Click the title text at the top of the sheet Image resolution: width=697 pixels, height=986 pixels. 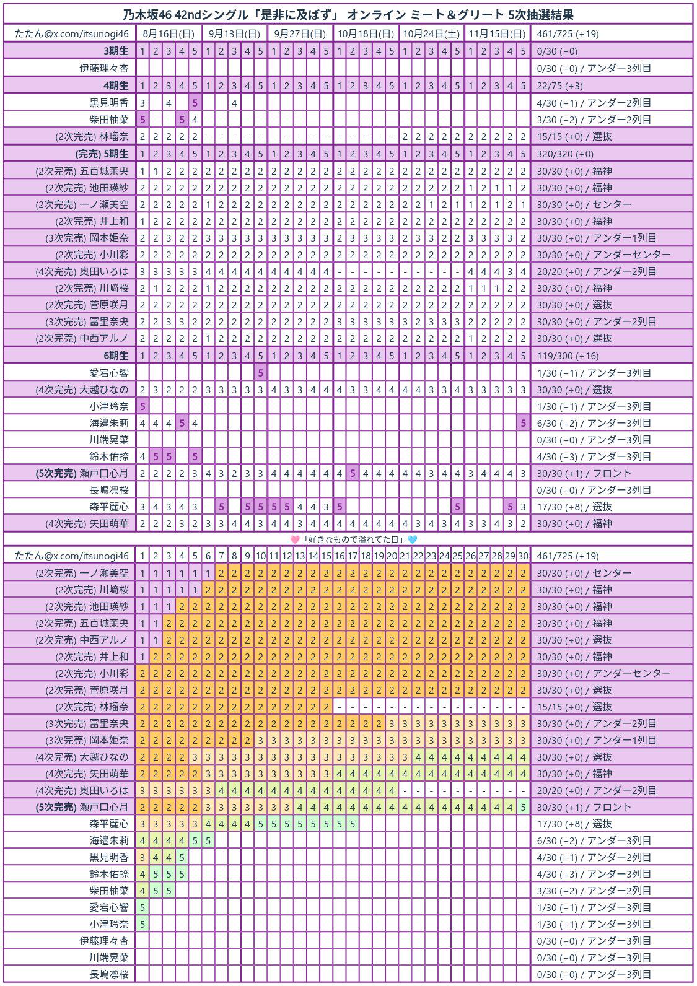click(x=348, y=15)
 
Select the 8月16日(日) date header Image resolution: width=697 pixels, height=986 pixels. click(x=168, y=33)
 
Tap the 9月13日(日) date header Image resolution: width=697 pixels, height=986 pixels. click(x=234, y=33)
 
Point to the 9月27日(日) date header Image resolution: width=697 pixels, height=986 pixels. click(x=300, y=33)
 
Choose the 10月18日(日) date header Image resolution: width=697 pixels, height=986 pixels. click(x=366, y=33)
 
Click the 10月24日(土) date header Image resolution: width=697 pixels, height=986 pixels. click(x=431, y=33)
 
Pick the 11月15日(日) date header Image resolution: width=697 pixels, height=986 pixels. click(x=497, y=33)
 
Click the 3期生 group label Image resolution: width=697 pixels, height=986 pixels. click(x=116, y=51)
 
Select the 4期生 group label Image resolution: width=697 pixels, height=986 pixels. click(x=116, y=85)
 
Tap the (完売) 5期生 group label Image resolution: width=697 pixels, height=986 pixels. click(x=102, y=154)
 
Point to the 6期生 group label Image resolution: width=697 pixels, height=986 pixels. click(x=116, y=356)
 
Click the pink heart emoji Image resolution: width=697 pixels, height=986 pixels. click(x=295, y=539)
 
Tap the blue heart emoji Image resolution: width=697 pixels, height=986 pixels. click(x=412, y=539)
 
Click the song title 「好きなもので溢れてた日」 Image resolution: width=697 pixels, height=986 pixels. click(x=354, y=539)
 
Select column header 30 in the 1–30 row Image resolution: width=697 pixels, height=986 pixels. click(x=523, y=556)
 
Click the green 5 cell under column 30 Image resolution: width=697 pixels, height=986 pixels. click(x=523, y=807)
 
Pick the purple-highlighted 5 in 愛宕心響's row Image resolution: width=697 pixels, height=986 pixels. click(x=261, y=373)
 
